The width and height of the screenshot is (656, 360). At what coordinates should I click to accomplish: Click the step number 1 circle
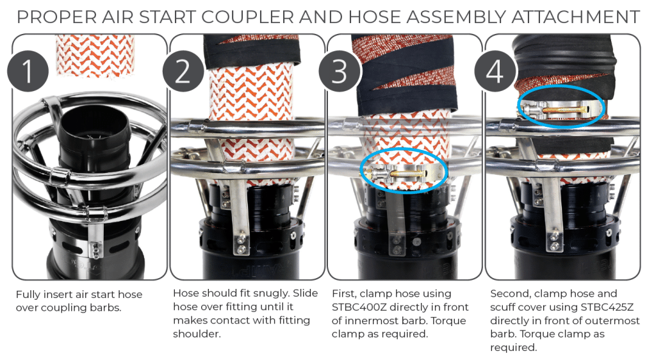pyautogui.click(x=28, y=71)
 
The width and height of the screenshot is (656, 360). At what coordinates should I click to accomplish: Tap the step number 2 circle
pyautogui.click(x=183, y=71)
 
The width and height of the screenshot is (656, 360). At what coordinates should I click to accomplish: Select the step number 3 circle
pyautogui.click(x=340, y=71)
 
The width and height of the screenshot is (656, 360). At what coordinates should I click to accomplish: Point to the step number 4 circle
pyautogui.click(x=495, y=71)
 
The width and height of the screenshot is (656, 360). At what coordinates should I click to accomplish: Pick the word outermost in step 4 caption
pyautogui.click(x=616, y=321)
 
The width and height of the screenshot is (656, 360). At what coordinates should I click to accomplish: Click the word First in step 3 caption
pyautogui.click(x=344, y=294)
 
